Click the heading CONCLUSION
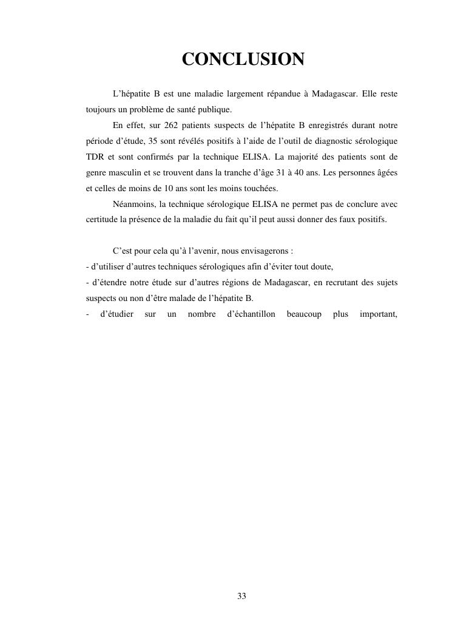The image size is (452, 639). (243, 59)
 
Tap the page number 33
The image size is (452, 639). (241, 596)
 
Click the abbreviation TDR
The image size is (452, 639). (95, 157)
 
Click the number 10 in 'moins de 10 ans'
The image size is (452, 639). (169, 188)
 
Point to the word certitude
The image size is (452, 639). (102, 219)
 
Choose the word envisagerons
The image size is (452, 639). (263, 251)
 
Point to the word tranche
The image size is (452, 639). (258, 172)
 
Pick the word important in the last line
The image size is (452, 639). (378, 314)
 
